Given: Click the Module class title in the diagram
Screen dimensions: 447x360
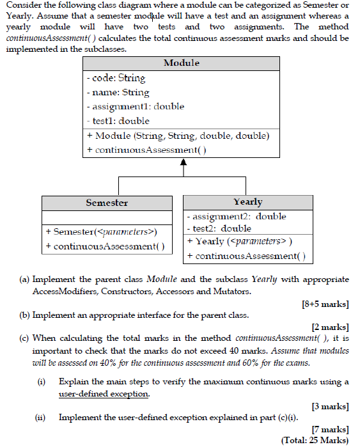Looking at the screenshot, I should (x=182, y=63).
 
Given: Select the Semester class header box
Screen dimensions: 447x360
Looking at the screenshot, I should (x=107, y=203).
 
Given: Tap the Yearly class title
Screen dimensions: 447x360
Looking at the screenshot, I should (x=247, y=201).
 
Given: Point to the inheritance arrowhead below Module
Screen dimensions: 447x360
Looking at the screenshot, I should (x=184, y=162).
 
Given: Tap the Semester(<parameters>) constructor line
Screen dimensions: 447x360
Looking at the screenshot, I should (x=102, y=231).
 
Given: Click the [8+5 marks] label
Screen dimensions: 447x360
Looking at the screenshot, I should (x=325, y=304).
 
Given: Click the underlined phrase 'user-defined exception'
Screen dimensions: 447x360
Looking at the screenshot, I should (x=104, y=394).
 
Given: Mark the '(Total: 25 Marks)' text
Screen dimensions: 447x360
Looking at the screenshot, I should (x=315, y=440).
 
